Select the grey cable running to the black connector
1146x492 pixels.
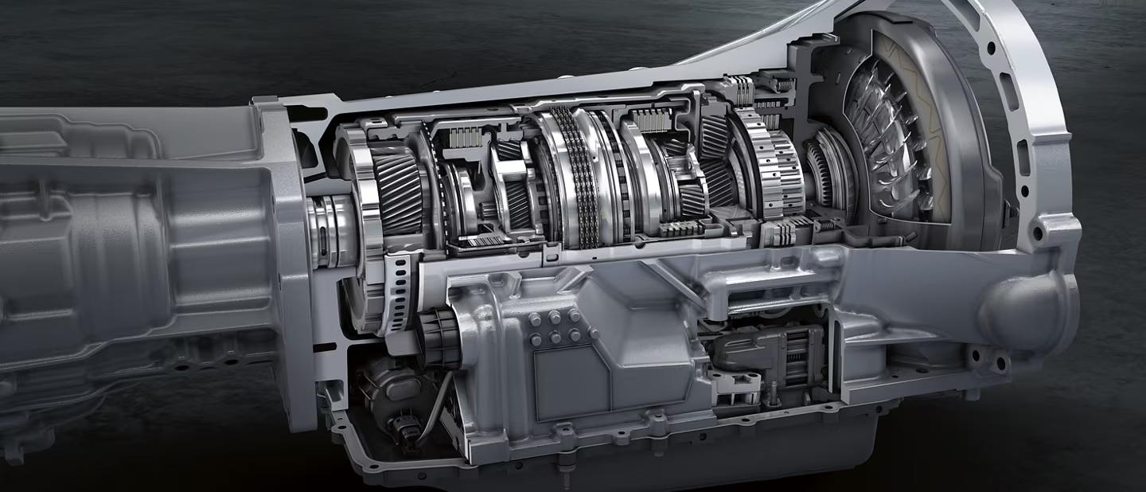coord(434,414)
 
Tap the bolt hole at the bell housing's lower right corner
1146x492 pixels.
coord(1037,234)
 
